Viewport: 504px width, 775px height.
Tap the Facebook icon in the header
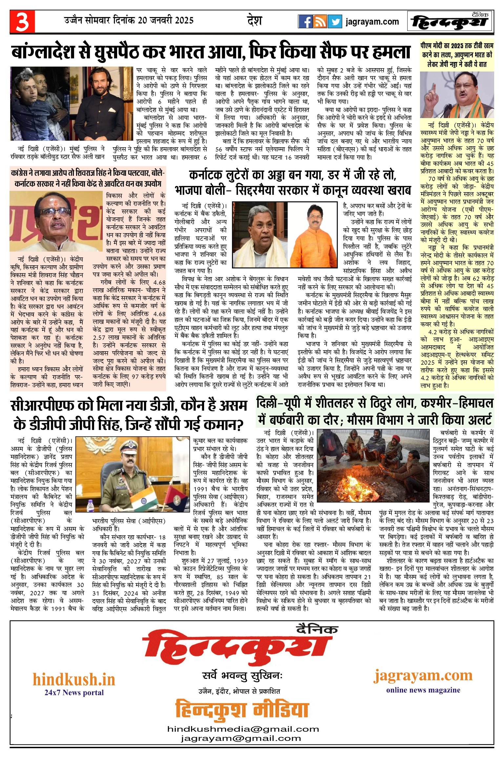pos(305,22)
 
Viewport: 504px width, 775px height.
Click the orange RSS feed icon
pos(320,22)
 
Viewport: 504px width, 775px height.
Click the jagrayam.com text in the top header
pos(372,22)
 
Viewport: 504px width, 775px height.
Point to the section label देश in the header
pos(254,21)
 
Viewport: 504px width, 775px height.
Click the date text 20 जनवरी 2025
pos(166,21)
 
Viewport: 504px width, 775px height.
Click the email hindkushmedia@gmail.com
pos(243,729)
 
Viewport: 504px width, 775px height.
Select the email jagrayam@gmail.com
pos(241,738)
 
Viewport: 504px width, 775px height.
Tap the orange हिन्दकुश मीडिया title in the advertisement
pos(242,710)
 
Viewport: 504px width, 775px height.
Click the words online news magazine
pos(423,690)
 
